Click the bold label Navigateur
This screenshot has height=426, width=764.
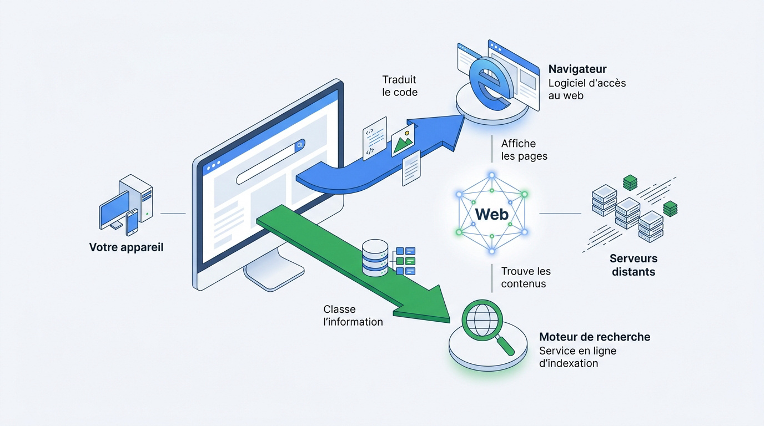click(577, 69)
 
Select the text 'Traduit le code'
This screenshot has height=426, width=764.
click(400, 87)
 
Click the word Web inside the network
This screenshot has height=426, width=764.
click(492, 214)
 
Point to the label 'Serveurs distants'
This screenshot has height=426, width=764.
click(634, 265)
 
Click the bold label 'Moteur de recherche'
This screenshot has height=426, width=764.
click(595, 337)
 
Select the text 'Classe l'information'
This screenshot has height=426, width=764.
click(353, 316)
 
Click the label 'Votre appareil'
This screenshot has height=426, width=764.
click(126, 247)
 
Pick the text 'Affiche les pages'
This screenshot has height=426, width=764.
click(524, 150)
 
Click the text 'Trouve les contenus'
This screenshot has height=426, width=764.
click(526, 277)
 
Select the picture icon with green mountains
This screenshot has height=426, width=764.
click(403, 140)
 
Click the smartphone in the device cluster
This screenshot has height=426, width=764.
click(132, 222)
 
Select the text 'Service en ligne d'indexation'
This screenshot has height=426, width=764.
click(577, 357)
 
